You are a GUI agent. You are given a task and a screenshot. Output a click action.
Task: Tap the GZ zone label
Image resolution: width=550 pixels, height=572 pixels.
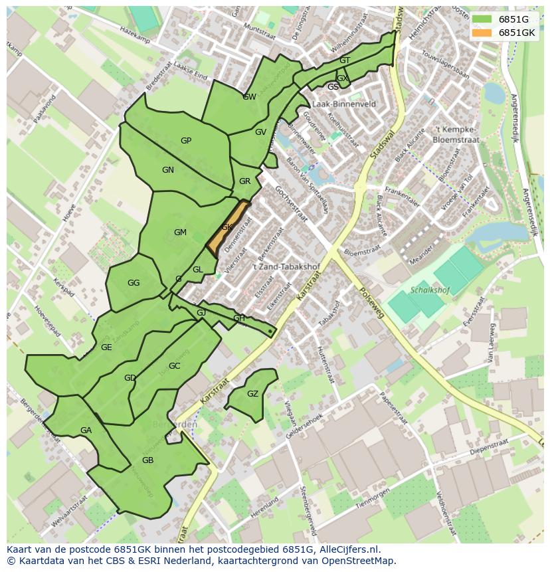pos(252,394)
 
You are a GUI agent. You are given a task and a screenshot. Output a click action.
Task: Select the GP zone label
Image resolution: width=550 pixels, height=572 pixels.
pos(186,141)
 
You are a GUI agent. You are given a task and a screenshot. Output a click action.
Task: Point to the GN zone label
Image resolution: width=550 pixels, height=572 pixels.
pos(168,170)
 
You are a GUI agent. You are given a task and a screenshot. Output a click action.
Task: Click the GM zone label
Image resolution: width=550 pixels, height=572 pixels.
pos(180,233)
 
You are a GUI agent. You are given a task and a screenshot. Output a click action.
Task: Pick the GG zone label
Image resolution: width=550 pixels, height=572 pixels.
pos(134,283)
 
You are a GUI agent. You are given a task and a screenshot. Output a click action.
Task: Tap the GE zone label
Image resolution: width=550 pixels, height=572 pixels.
pos(106,347)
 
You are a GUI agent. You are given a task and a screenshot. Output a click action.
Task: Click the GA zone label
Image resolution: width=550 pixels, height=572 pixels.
pos(86,430)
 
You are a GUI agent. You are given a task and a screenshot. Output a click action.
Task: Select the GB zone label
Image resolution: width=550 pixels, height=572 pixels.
pos(147,460)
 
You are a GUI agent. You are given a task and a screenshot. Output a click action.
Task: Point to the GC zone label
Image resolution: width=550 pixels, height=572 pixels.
pos(174,366)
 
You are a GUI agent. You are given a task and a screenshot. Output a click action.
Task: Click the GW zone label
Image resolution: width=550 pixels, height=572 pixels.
pos(249,97)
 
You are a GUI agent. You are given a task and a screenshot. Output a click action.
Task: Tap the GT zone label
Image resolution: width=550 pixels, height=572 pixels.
pos(344,60)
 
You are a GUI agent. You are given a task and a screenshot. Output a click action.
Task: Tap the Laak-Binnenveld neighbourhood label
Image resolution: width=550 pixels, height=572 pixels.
pos(343,104)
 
